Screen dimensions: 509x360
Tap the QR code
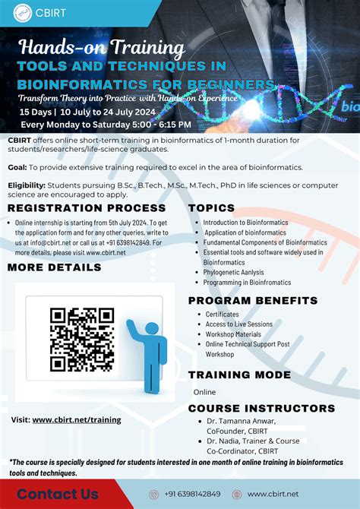tap(82, 340)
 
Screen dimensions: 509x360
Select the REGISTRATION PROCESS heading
tap(87, 207)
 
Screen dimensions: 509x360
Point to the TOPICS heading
tap(211, 207)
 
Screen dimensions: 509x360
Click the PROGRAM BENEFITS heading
tap(253, 301)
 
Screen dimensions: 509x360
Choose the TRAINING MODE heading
tap(240, 375)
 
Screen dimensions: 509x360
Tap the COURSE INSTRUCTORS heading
tap(261, 408)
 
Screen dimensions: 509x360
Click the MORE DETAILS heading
tap(55, 267)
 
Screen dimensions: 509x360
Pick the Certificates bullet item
tap(222, 314)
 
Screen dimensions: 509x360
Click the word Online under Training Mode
tap(204, 392)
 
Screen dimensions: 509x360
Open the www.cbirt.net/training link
tap(76, 419)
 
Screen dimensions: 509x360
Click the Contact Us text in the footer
tap(58, 494)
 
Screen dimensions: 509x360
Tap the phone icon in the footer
tap(153, 495)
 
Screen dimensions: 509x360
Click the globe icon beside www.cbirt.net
tap(236, 495)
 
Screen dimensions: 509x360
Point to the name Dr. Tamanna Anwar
tap(243, 421)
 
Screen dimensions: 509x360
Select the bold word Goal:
tap(17, 167)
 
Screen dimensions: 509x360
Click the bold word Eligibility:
tap(27, 185)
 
